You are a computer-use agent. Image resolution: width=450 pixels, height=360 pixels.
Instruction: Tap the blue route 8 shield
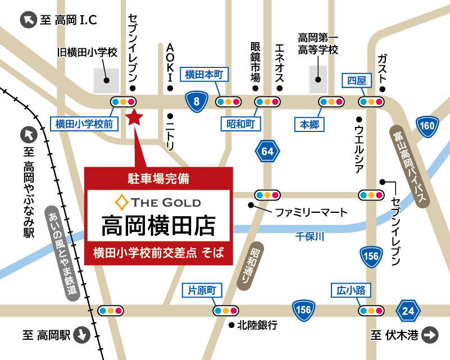click(196, 102)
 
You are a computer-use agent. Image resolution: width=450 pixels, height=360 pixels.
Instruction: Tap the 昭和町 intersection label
click(240, 124)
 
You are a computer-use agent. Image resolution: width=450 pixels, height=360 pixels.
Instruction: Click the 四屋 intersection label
click(356, 81)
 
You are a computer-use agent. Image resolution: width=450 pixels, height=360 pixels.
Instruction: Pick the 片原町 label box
click(202, 290)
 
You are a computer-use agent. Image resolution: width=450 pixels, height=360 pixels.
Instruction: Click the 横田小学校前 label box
click(85, 124)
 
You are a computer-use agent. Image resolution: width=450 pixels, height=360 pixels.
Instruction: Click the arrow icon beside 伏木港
click(430, 335)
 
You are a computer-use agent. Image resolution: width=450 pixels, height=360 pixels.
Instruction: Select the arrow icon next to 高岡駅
click(82, 335)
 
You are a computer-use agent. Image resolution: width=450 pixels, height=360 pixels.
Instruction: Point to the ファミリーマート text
click(311, 213)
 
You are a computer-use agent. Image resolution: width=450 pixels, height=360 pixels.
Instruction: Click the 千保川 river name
click(310, 236)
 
